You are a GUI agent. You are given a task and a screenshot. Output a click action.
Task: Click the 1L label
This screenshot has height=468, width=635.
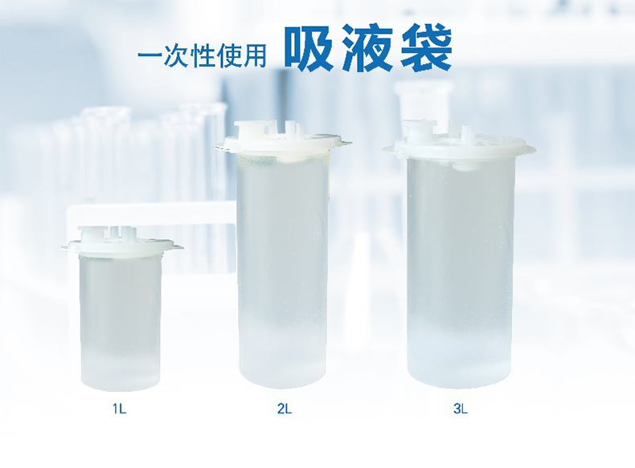pyautogui.click(x=120, y=409)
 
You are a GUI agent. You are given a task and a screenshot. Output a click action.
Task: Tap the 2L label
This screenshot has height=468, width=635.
pyautogui.click(x=285, y=409)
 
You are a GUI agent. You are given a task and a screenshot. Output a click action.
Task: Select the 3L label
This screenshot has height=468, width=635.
pyautogui.click(x=461, y=409)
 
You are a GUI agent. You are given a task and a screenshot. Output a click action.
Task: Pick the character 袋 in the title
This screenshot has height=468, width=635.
pyautogui.click(x=427, y=47)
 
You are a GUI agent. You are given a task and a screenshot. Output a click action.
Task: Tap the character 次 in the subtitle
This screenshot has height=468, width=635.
pyautogui.click(x=177, y=55)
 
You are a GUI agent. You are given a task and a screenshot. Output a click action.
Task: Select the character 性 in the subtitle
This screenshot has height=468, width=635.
pyautogui.click(x=203, y=55)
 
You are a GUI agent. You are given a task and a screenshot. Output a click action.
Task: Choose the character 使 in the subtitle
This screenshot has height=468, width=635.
pyautogui.click(x=229, y=55)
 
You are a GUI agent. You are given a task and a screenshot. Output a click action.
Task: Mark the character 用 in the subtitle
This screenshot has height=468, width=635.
pyautogui.click(x=255, y=55)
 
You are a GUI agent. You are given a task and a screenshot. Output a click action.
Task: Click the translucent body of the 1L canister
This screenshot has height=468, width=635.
pyautogui.click(x=121, y=322)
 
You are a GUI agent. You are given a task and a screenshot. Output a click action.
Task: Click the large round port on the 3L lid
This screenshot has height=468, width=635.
pyautogui.click(x=420, y=129)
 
